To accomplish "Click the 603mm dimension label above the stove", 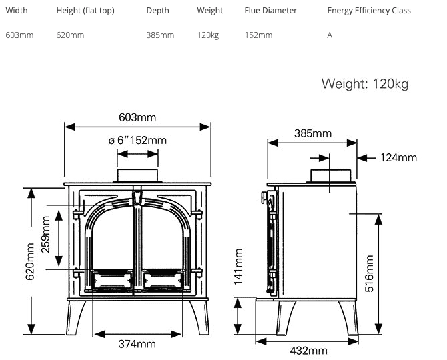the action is tap(137, 117).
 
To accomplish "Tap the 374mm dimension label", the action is tap(137, 344).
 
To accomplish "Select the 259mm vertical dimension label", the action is tap(45, 234).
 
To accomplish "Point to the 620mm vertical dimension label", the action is tap(30, 261).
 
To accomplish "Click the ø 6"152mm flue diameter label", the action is tap(137, 141).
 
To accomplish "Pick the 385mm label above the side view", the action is tap(313, 133).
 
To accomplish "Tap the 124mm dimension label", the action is tap(398, 157).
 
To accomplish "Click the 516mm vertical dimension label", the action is tap(369, 273).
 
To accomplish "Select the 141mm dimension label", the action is tap(238, 267).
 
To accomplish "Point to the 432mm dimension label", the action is tap(308, 350).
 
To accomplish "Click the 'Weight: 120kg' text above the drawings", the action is tap(365, 84).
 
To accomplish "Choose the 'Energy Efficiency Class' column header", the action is tap(369, 11).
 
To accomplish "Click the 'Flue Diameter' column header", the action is tap(271, 11).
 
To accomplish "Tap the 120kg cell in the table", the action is tap(208, 35).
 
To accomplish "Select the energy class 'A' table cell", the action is tap(330, 35).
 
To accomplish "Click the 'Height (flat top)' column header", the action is tap(85, 11).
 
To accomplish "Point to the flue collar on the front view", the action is tap(137, 175).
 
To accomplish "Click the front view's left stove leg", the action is tap(75, 317).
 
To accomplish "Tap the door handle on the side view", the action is tap(264, 197).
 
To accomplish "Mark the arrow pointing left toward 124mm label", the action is tap(366, 158).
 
